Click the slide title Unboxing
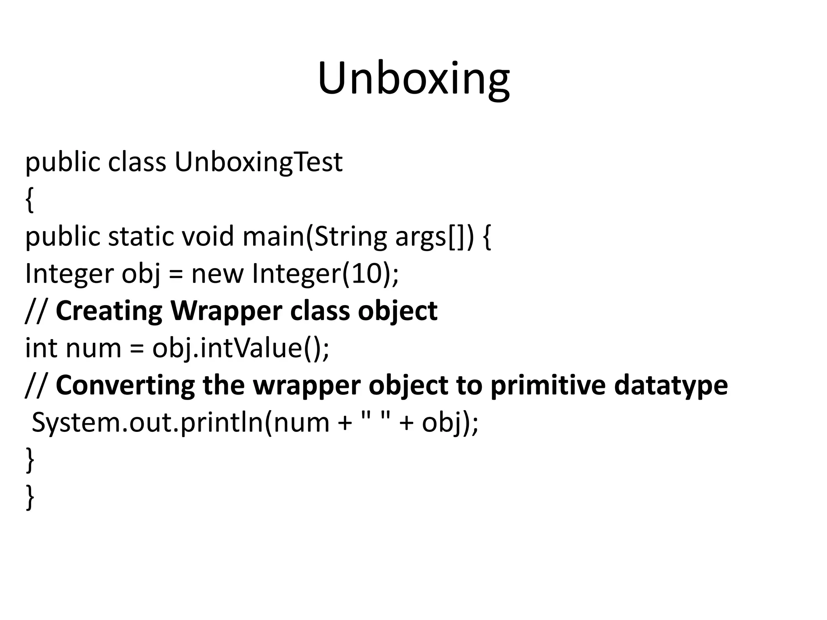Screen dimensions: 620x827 click(413, 79)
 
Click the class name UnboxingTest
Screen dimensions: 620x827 click(258, 163)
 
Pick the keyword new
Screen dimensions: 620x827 click(217, 274)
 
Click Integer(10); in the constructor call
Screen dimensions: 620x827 click(325, 274)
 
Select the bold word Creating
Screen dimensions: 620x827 click(109, 311)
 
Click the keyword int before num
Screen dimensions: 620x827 click(41, 348)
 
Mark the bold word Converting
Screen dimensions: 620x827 click(125, 385)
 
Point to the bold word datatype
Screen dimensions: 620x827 click(671, 385)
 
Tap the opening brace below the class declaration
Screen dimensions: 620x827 click(29, 200)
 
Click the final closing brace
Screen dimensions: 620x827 click(29, 497)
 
